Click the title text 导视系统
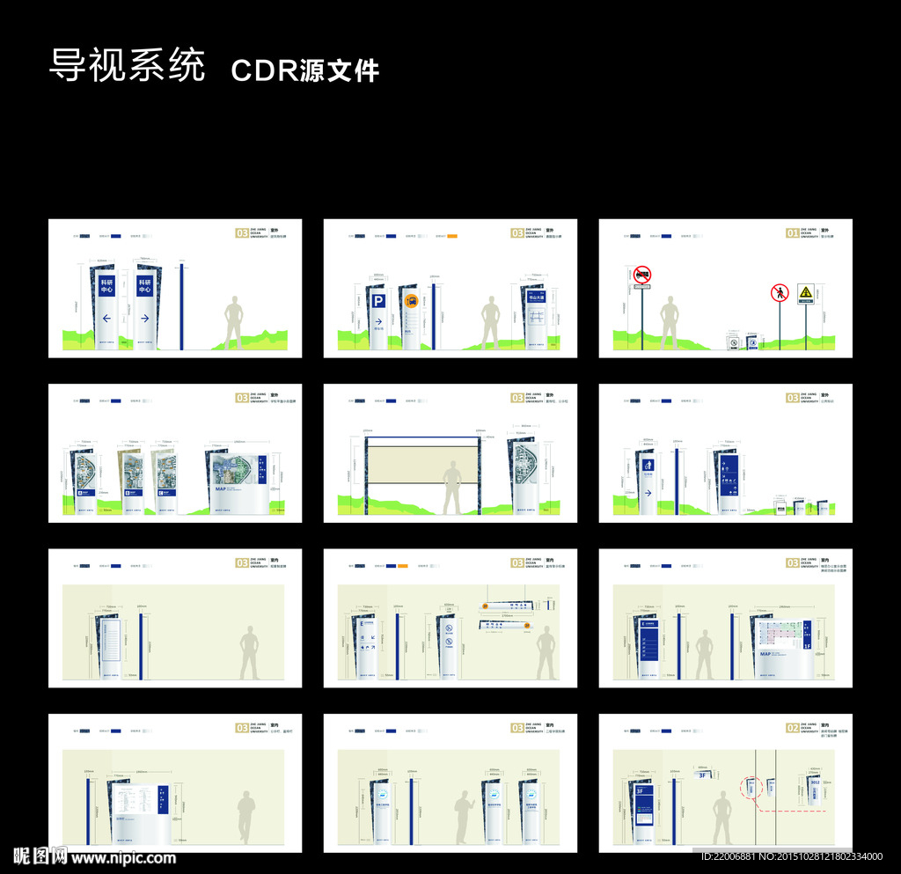127,66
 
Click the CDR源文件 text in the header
304,70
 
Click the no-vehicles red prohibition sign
642,275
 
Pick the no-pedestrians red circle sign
779,292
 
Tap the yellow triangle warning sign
805,291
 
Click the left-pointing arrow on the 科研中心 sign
106,319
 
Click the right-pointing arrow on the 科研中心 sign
144,319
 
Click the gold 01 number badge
792,233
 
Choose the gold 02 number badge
792,728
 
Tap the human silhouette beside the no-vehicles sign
670,322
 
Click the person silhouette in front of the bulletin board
452,488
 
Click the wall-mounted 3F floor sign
703,775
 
